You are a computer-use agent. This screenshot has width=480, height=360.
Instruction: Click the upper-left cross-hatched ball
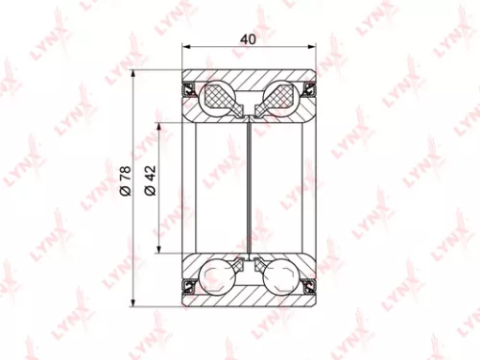point(218,96)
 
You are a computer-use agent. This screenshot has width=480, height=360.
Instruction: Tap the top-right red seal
point(309,91)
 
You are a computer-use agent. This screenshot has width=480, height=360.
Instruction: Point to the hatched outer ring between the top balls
point(250,83)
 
